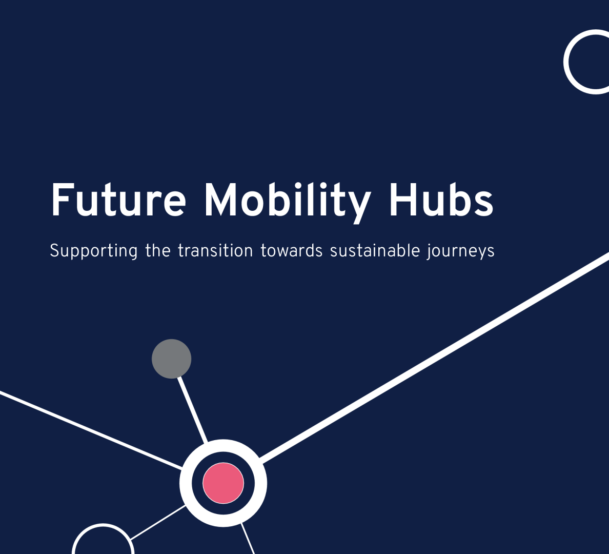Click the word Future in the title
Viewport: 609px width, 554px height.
pos(118,200)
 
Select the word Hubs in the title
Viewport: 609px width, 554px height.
pos(441,200)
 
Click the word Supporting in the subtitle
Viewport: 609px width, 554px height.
pos(94,251)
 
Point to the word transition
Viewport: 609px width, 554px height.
pos(215,250)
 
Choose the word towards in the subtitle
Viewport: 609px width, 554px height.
pos(292,250)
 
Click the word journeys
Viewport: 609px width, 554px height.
pos(460,251)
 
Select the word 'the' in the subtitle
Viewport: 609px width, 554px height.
pos(158,250)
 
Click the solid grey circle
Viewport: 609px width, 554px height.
pos(172,359)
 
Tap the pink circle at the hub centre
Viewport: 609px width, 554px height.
pos(223,483)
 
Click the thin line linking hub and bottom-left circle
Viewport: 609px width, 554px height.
pos(158,522)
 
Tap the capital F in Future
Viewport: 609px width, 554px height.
pos(60,200)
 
